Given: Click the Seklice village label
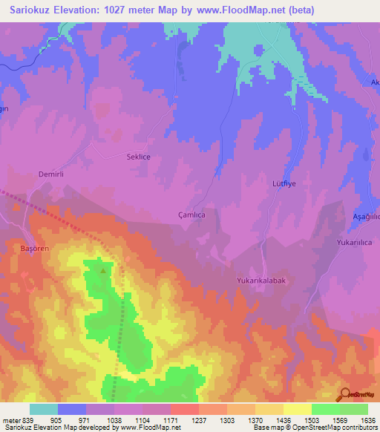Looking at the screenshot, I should click(x=135, y=157).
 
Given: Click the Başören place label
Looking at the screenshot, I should click(x=33, y=249).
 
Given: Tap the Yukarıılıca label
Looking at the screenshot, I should click(x=354, y=242).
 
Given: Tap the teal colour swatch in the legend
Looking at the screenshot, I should click(x=44, y=409).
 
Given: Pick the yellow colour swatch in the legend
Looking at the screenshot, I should click(x=297, y=409).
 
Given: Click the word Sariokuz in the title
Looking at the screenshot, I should click(x=33, y=10).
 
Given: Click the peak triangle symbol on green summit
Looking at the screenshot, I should click(x=102, y=270).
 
